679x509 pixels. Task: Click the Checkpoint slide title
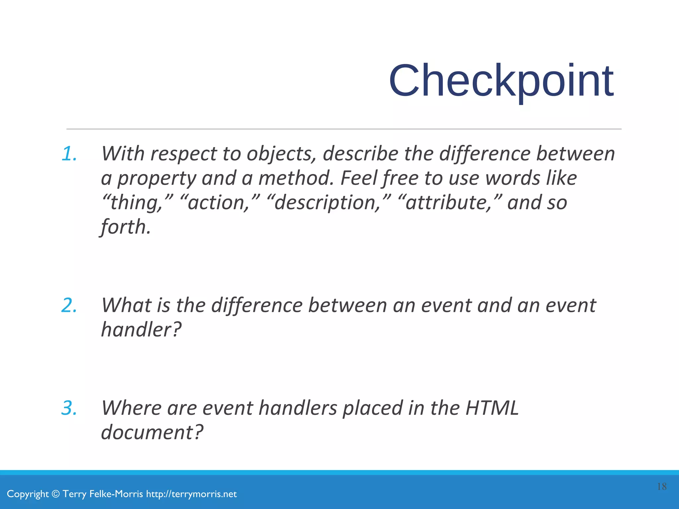[501, 82]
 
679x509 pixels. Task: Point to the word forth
[125, 227]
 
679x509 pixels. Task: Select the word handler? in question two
[141, 330]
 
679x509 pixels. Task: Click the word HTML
[492, 408]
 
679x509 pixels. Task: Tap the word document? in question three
[152, 432]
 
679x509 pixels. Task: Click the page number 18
[661, 486]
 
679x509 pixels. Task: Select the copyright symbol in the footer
[56, 494]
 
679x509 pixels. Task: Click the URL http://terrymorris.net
[191, 494]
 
